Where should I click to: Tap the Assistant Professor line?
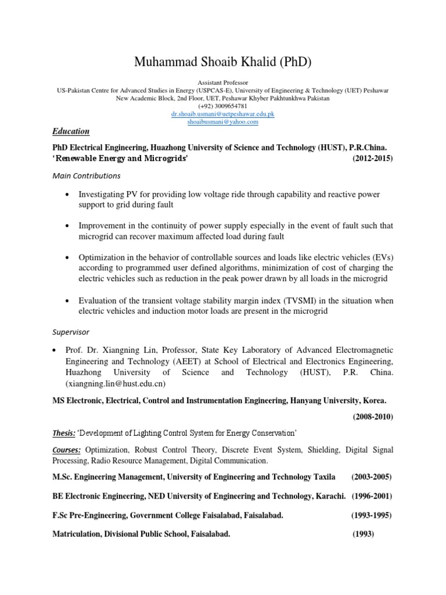pyautogui.click(x=223, y=83)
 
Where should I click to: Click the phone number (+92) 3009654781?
pyautogui.click(x=223, y=106)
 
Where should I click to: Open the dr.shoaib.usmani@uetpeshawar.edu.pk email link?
pyautogui.click(x=223, y=114)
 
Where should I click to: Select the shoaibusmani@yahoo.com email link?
pyautogui.click(x=223, y=122)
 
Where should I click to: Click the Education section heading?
pyautogui.click(x=71, y=131)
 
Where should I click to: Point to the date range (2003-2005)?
pyautogui.click(x=372, y=477)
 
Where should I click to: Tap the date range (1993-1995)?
pyautogui.click(x=371, y=515)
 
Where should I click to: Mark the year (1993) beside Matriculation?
pyautogui.click(x=366, y=534)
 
